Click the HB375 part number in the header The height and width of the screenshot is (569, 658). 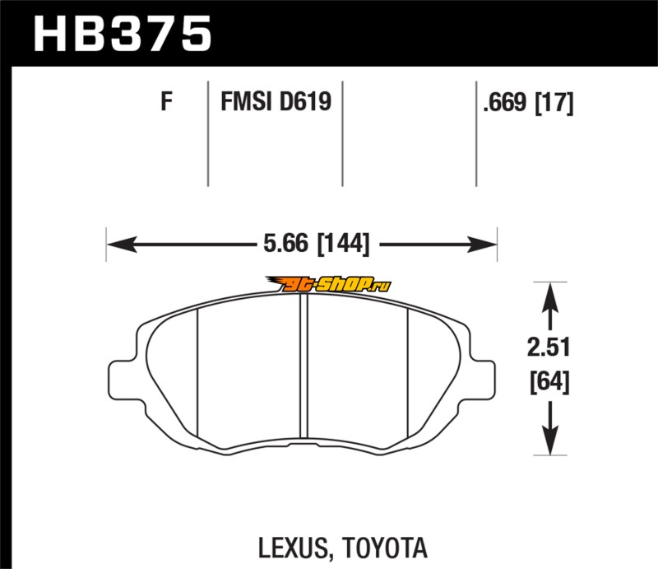(122, 34)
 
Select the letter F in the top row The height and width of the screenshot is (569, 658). (166, 104)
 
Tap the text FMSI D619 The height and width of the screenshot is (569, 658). (275, 104)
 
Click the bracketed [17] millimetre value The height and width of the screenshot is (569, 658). (554, 104)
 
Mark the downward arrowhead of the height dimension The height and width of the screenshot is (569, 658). (549, 445)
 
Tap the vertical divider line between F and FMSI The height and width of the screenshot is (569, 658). (207, 132)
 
